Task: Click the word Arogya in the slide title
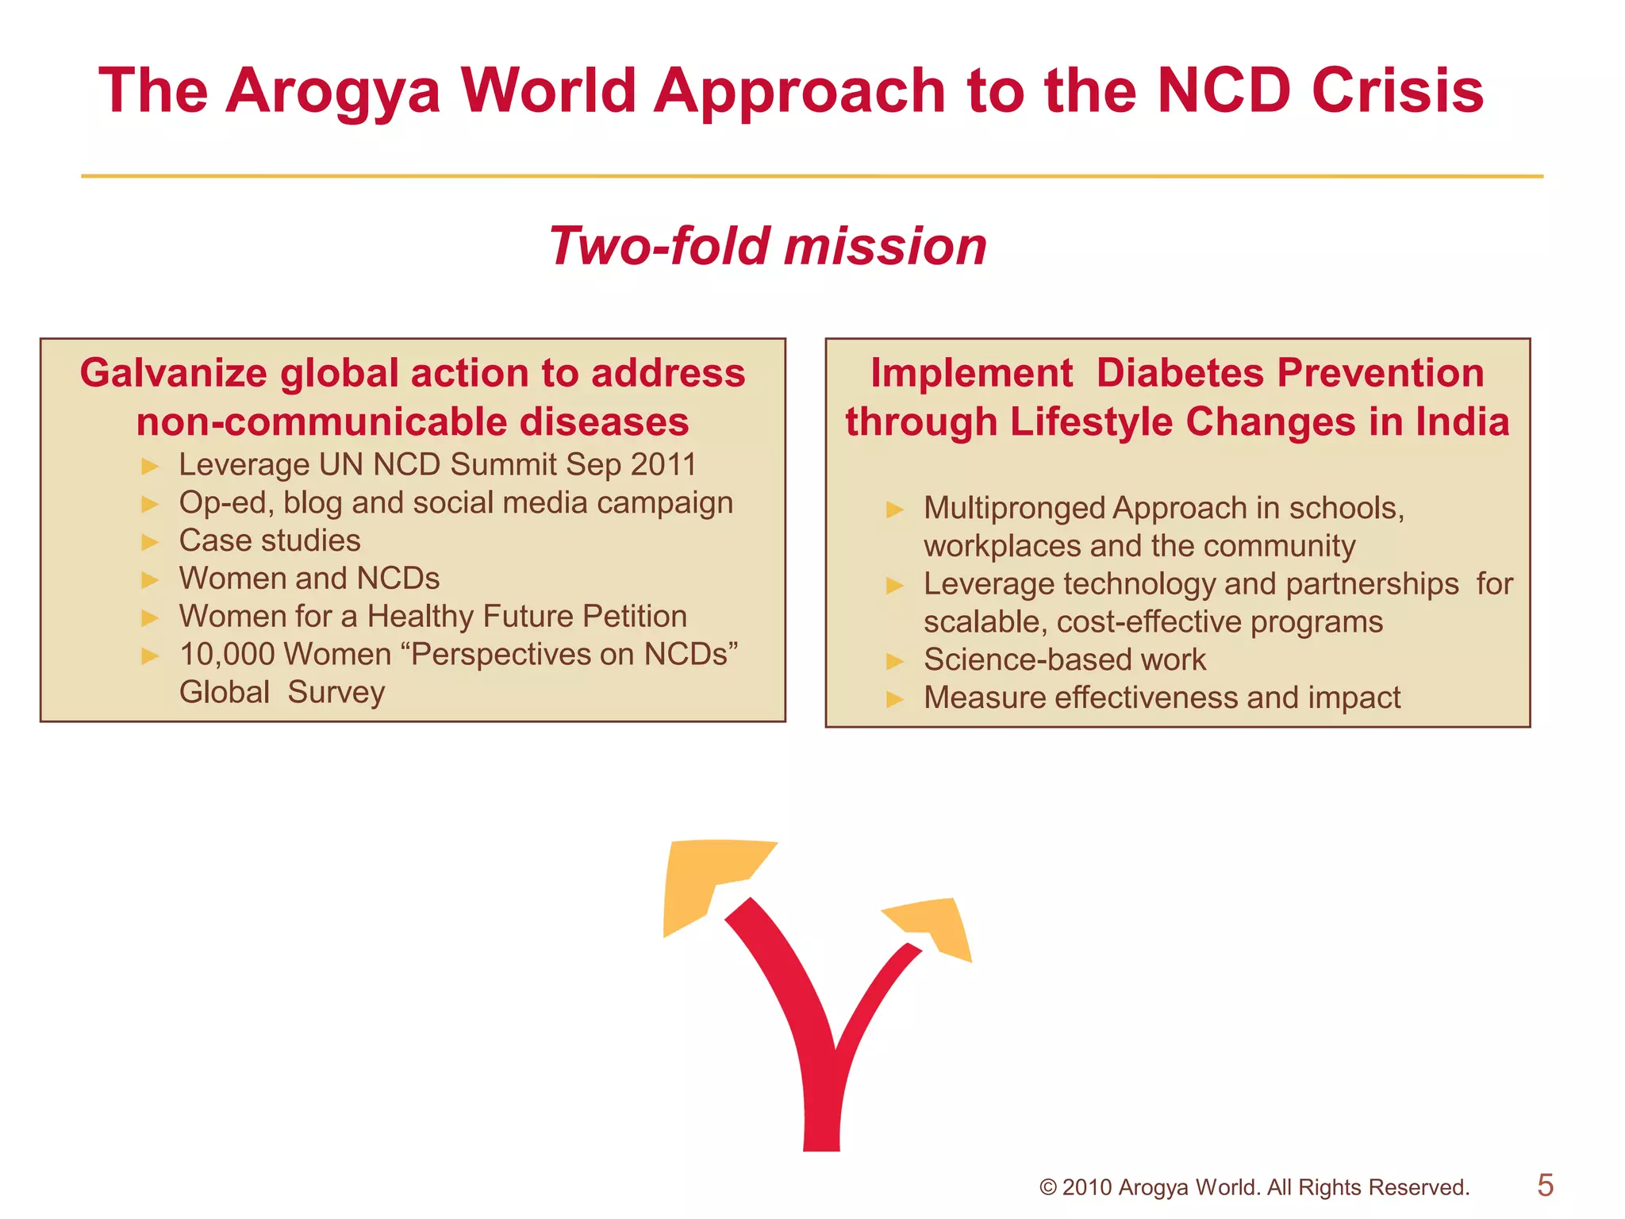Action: click(332, 91)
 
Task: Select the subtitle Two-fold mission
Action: click(767, 245)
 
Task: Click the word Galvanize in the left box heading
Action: click(173, 373)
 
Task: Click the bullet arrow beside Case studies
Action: click(150, 542)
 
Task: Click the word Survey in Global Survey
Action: click(336, 692)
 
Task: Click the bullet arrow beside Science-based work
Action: click(894, 661)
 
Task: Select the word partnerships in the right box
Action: click(1372, 584)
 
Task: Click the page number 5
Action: click(1545, 1185)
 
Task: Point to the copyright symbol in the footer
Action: click(1047, 1188)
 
